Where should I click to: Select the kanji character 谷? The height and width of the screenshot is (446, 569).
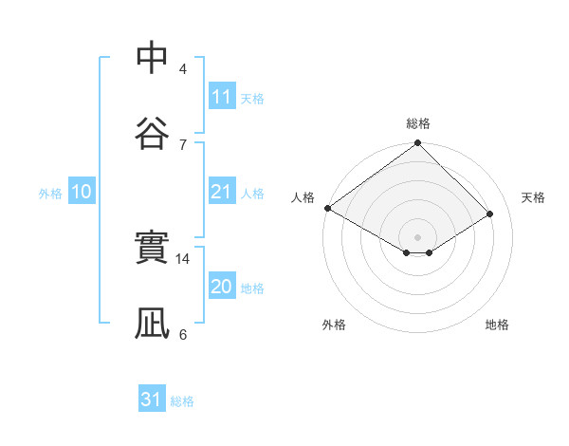pyautogui.click(x=153, y=132)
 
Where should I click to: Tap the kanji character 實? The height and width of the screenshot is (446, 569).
pyautogui.click(x=153, y=249)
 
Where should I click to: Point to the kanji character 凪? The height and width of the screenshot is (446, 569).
pyautogui.click(x=153, y=323)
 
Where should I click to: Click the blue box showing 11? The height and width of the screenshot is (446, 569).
pyautogui.click(x=221, y=97)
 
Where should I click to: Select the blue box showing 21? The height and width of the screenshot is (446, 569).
pyautogui.click(x=221, y=192)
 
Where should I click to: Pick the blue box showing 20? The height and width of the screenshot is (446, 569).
pyautogui.click(x=221, y=287)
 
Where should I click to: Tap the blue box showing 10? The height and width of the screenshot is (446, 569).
pyautogui.click(x=82, y=192)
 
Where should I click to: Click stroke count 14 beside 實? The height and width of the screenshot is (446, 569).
pyautogui.click(x=184, y=258)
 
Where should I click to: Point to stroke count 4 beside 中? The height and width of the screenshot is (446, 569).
pyautogui.click(x=183, y=68)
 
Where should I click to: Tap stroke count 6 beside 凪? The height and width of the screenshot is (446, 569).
pyautogui.click(x=183, y=334)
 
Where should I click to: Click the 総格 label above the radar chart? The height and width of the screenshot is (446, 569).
pyautogui.click(x=418, y=123)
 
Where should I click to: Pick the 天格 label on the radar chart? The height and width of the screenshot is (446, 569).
pyautogui.click(x=533, y=197)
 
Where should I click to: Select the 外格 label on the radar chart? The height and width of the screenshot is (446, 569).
pyautogui.click(x=334, y=325)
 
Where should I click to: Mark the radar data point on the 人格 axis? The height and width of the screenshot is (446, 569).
pyautogui.click(x=327, y=208)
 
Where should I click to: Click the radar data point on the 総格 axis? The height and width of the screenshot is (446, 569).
pyautogui.click(x=418, y=143)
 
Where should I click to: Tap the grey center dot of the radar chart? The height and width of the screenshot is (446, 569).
pyautogui.click(x=418, y=236)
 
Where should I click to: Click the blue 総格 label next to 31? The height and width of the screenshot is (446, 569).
pyautogui.click(x=182, y=401)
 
